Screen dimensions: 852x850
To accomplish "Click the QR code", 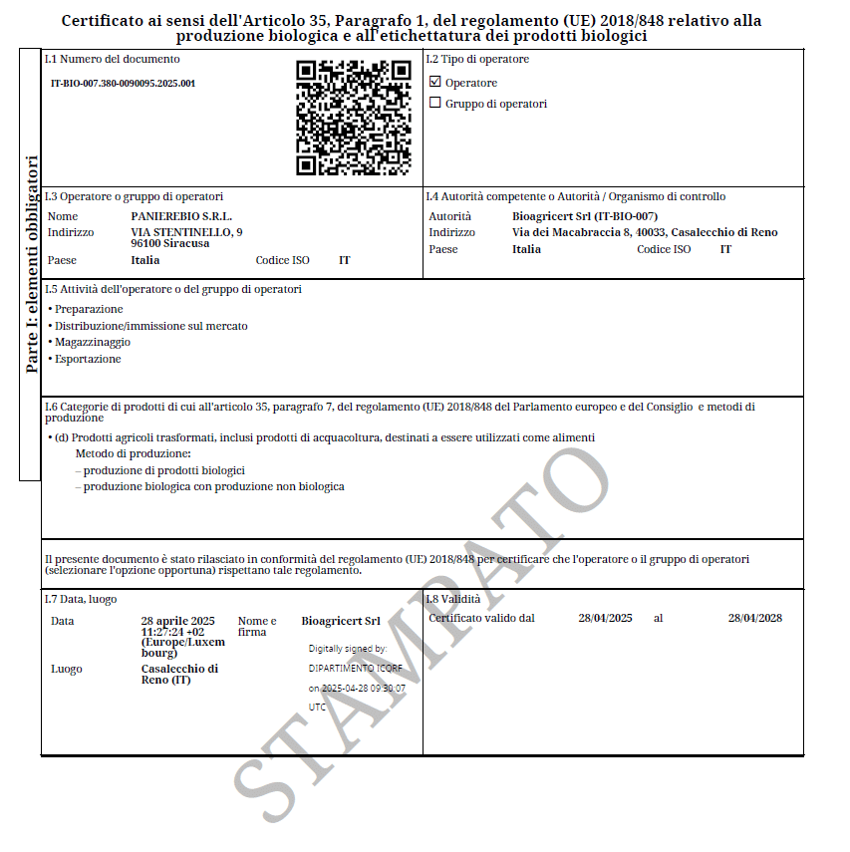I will pos(354,118).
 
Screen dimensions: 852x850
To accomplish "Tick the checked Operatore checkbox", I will pos(434,82).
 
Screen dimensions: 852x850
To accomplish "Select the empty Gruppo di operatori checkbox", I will pos(434,103).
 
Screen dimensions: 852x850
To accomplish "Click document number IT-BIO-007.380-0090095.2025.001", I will pos(123,84).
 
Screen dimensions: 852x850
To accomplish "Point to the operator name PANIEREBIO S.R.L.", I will pos(181,216).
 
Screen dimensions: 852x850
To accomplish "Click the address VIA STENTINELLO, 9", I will pos(186,232).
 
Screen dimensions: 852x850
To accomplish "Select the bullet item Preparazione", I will pos(89,309).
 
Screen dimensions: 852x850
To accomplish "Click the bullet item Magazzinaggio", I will pos(92,342).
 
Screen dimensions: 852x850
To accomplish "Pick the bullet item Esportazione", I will pos(88,359).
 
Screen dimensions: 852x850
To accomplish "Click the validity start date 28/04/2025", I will pos(605,618).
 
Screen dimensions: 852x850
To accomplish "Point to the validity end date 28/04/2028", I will pos(754,618).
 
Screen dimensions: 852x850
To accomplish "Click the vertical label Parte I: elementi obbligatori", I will pos(32,264).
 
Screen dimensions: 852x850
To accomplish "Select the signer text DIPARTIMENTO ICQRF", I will pos(355,668).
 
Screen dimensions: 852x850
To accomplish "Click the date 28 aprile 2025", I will pos(177,620).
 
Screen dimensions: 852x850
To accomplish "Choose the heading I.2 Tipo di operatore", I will pos(477,59).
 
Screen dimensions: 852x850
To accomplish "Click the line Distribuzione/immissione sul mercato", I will pos(151,326).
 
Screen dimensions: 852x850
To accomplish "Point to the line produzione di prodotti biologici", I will pos(163,470).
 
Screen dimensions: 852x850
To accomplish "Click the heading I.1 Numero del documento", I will pos(98,59).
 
